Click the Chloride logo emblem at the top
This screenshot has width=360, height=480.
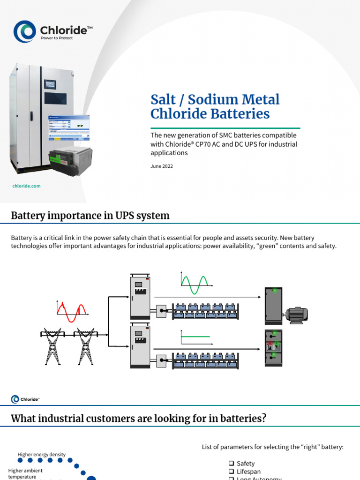click(x=25, y=32)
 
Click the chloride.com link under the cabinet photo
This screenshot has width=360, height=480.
click(x=26, y=186)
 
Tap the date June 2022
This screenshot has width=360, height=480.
click(x=162, y=166)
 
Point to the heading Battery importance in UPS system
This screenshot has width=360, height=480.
click(x=90, y=216)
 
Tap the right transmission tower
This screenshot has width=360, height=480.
click(x=85, y=345)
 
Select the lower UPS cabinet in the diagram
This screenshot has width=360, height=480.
click(x=140, y=347)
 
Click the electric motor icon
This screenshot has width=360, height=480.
click(x=296, y=315)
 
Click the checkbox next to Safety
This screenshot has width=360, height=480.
click(x=231, y=464)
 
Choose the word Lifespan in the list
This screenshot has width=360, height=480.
click(x=248, y=472)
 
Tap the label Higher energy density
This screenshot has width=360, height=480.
click(x=41, y=454)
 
